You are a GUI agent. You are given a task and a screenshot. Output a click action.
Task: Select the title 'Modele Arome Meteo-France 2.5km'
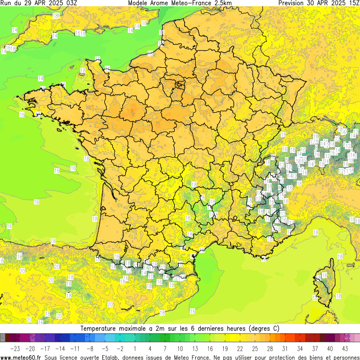[x=180, y=3]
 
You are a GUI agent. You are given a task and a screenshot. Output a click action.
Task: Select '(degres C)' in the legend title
[x=260, y=329]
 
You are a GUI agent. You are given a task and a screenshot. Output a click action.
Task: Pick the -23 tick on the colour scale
[x=15, y=349]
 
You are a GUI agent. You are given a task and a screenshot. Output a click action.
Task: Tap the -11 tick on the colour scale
[x=75, y=349]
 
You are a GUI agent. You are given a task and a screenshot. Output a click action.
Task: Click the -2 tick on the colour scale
[x=120, y=349]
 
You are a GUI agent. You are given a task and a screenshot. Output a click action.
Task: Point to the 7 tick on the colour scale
[x=165, y=349]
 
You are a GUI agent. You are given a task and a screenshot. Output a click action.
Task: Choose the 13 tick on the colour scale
[x=195, y=349]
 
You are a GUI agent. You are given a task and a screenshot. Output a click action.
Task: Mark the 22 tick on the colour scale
[x=240, y=349]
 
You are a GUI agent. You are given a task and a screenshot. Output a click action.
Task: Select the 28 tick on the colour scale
[x=270, y=349]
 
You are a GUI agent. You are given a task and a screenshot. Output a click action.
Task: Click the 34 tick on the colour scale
[x=300, y=349]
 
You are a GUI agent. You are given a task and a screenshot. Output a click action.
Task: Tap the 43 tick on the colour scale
[x=345, y=349]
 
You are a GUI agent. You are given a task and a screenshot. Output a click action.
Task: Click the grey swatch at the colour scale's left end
[x=3, y=338]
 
